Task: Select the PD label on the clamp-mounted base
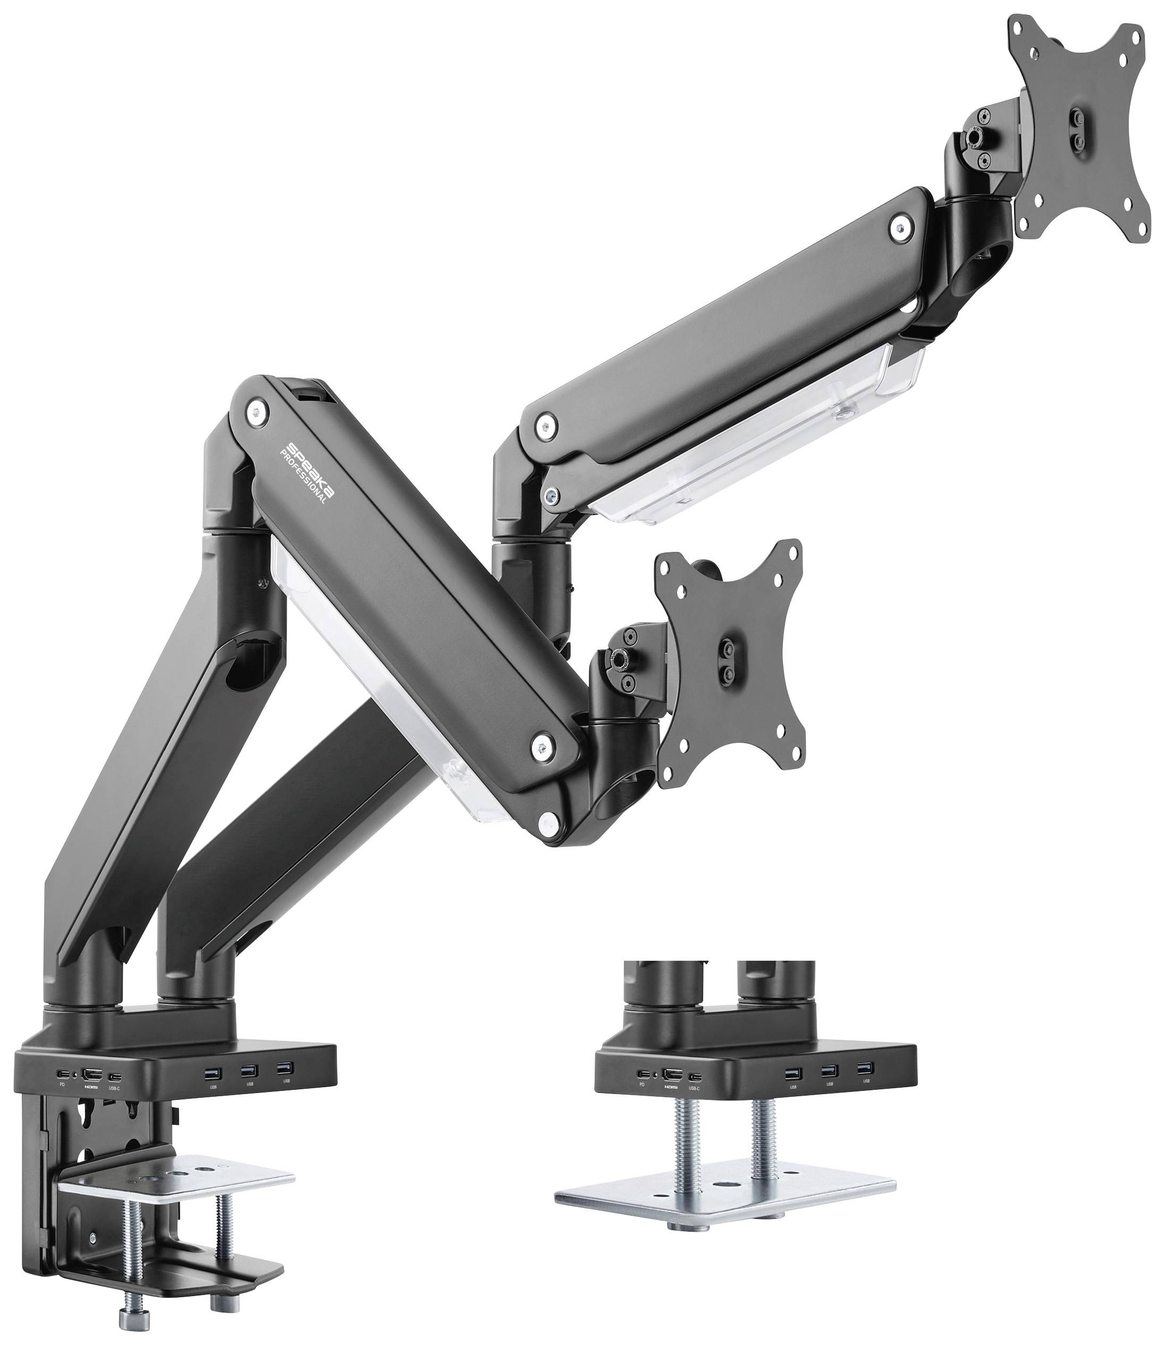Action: pyautogui.click(x=62, y=1085)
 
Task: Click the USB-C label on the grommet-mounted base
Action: pyautogui.click(x=694, y=1088)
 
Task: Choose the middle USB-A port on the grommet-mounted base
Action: pyautogui.click(x=828, y=1071)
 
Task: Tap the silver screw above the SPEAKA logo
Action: pyautogui.click(x=258, y=411)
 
